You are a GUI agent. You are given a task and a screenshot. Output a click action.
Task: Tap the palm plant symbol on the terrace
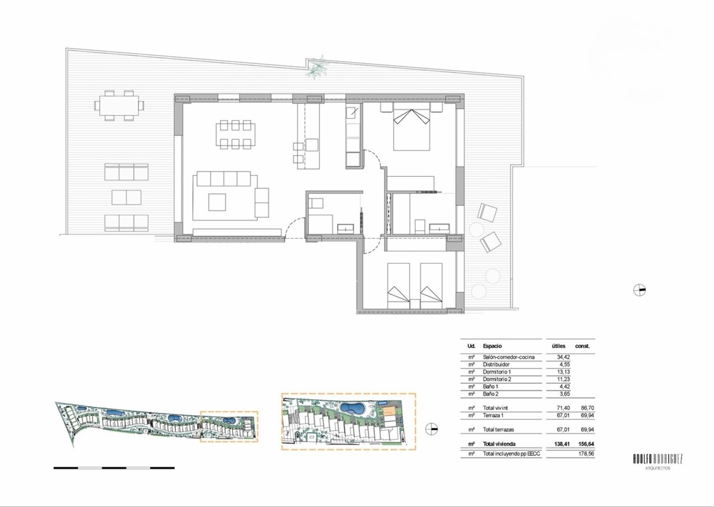(x=317, y=67)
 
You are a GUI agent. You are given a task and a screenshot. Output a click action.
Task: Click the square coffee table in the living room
(x=217, y=202)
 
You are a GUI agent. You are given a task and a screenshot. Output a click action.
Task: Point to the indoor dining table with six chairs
(x=235, y=134)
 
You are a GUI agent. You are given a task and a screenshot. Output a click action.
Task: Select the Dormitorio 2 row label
(x=497, y=379)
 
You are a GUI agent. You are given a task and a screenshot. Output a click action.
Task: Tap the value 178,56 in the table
(x=586, y=454)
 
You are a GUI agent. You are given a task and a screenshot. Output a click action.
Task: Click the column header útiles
(x=559, y=346)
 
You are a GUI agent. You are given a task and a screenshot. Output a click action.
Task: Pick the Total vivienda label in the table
(x=500, y=444)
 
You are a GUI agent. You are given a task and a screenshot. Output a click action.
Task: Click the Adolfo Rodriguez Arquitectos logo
(x=658, y=461)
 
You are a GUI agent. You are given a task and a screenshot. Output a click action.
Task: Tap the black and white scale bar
(x=114, y=468)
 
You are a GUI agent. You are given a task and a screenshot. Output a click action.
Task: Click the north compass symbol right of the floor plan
(x=640, y=290)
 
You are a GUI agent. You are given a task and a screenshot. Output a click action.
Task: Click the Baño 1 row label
(x=491, y=386)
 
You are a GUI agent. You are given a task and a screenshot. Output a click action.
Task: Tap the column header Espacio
(x=492, y=346)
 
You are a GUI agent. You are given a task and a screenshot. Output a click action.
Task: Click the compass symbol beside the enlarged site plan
(x=431, y=428)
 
